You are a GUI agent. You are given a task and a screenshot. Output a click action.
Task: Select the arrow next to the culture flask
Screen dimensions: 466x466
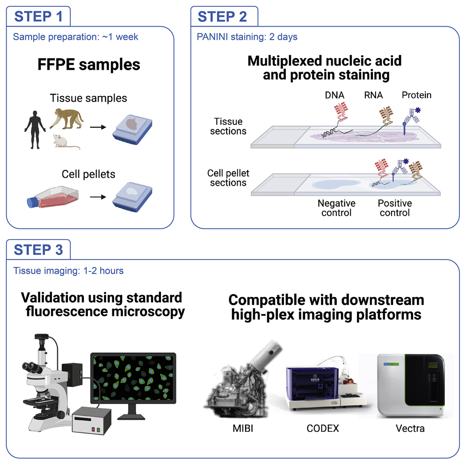point(97,197)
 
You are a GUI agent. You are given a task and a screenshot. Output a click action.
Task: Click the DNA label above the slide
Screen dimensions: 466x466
point(334,95)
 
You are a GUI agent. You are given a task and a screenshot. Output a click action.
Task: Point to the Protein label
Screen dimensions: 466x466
point(416,95)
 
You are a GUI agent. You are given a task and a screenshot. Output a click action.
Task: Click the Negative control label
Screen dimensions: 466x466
point(336,208)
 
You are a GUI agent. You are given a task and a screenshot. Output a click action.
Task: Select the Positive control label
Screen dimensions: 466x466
point(394,208)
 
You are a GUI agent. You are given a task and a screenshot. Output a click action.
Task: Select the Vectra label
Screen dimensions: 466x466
point(410,428)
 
